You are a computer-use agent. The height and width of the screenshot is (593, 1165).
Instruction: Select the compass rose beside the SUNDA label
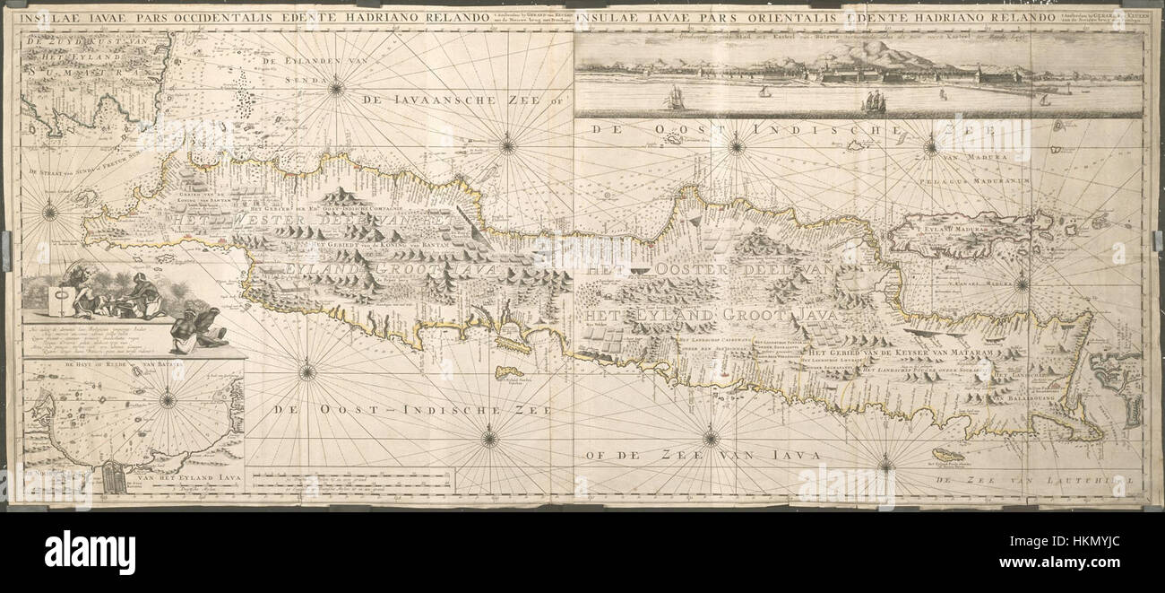pyautogui.click(x=336, y=87)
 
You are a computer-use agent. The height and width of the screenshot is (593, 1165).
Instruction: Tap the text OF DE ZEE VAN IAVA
pyautogui.click(x=703, y=456)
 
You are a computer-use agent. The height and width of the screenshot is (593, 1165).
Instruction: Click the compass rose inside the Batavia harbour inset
pyautogui.click(x=168, y=400)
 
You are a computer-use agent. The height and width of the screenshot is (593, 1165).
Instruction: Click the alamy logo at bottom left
pyautogui.click(x=90, y=548)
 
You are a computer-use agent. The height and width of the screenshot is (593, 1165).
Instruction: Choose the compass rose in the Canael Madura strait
pyautogui.click(x=1021, y=284)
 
